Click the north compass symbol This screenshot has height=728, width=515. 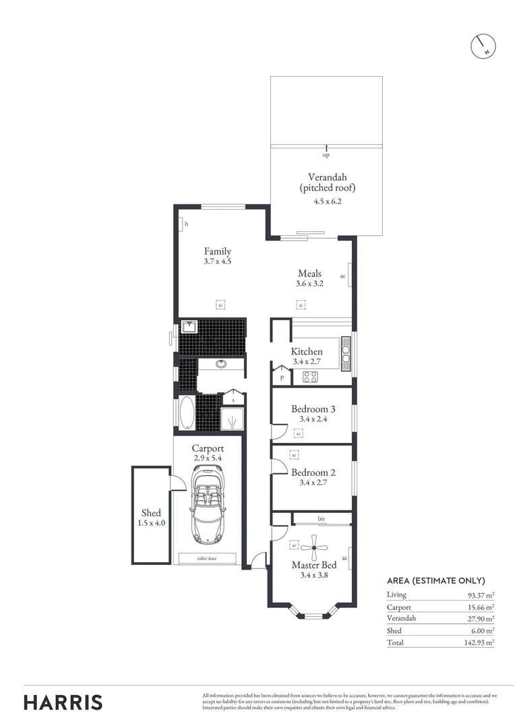(x=483, y=44)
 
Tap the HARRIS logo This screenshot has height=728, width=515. (x=63, y=702)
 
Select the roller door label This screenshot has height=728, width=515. (x=207, y=558)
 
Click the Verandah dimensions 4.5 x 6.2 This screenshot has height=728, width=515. (x=326, y=201)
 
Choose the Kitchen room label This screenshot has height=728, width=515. (x=306, y=351)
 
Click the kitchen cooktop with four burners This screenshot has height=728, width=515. (x=310, y=377)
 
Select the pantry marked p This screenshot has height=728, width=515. (x=281, y=377)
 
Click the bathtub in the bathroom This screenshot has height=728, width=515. (x=185, y=413)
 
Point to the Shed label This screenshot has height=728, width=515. (x=151, y=513)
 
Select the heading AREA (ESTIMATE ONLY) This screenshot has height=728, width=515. (x=435, y=580)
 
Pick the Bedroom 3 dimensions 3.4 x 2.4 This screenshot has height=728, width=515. (x=313, y=419)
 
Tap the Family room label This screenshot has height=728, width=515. (x=218, y=251)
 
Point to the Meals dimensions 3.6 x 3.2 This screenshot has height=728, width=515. (x=310, y=284)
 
